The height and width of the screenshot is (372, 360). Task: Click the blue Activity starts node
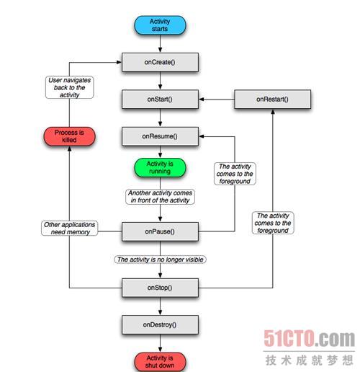pyautogui.click(x=160, y=25)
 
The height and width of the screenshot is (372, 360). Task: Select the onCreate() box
pyautogui.click(x=160, y=62)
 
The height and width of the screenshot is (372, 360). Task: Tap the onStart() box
pyautogui.click(x=160, y=99)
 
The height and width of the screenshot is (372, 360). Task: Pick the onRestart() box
pyautogui.click(x=272, y=99)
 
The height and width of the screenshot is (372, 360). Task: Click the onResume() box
pyautogui.click(x=160, y=136)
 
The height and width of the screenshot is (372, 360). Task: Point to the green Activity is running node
pyautogui.click(x=160, y=167)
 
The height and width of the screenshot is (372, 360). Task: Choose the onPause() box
pyautogui.click(x=160, y=231)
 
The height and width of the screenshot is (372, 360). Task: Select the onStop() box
pyautogui.click(x=160, y=288)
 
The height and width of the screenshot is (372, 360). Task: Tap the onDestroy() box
pyautogui.click(x=160, y=324)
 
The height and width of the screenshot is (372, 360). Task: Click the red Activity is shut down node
pyautogui.click(x=160, y=362)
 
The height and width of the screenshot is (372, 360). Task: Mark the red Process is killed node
pyautogui.click(x=69, y=136)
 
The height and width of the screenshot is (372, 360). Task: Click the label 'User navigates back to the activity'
pyautogui.click(x=69, y=87)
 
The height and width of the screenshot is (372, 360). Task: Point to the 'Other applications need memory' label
pyautogui.click(x=69, y=229)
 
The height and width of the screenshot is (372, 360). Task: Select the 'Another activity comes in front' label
pyautogui.click(x=160, y=197)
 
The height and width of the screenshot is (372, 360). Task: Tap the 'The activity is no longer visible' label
pyautogui.click(x=160, y=260)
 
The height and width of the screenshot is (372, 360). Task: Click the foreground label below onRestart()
pyautogui.click(x=273, y=223)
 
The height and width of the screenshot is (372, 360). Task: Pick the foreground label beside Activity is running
pyautogui.click(x=235, y=174)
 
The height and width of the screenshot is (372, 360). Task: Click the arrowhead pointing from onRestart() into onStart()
pyautogui.click(x=202, y=99)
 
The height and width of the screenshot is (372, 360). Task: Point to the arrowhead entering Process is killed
pyautogui.click(x=69, y=149)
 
